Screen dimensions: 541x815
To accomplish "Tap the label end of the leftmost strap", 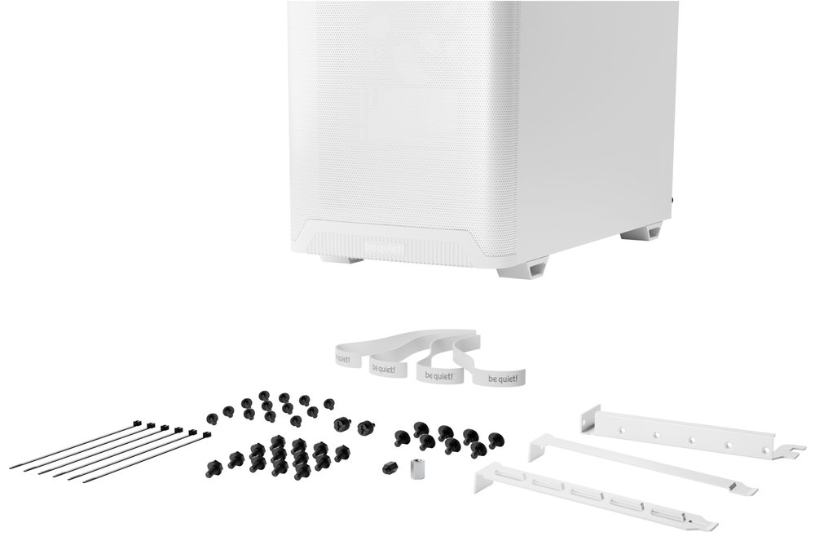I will (347, 354).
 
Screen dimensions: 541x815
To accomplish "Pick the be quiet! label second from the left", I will (383, 367).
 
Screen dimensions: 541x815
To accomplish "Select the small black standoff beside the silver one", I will (388, 468).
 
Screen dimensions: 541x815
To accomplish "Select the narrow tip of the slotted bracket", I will (709, 525).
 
